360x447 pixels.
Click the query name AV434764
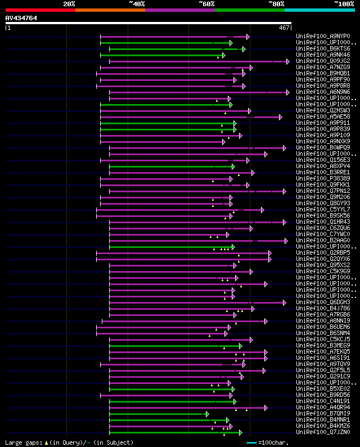click(21, 18)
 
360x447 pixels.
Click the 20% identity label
click(69, 4)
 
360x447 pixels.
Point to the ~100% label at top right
click(344, 4)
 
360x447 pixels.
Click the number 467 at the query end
click(284, 28)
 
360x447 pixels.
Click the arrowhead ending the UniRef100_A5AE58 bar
click(280, 117)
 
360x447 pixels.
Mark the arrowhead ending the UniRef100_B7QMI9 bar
click(208, 414)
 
